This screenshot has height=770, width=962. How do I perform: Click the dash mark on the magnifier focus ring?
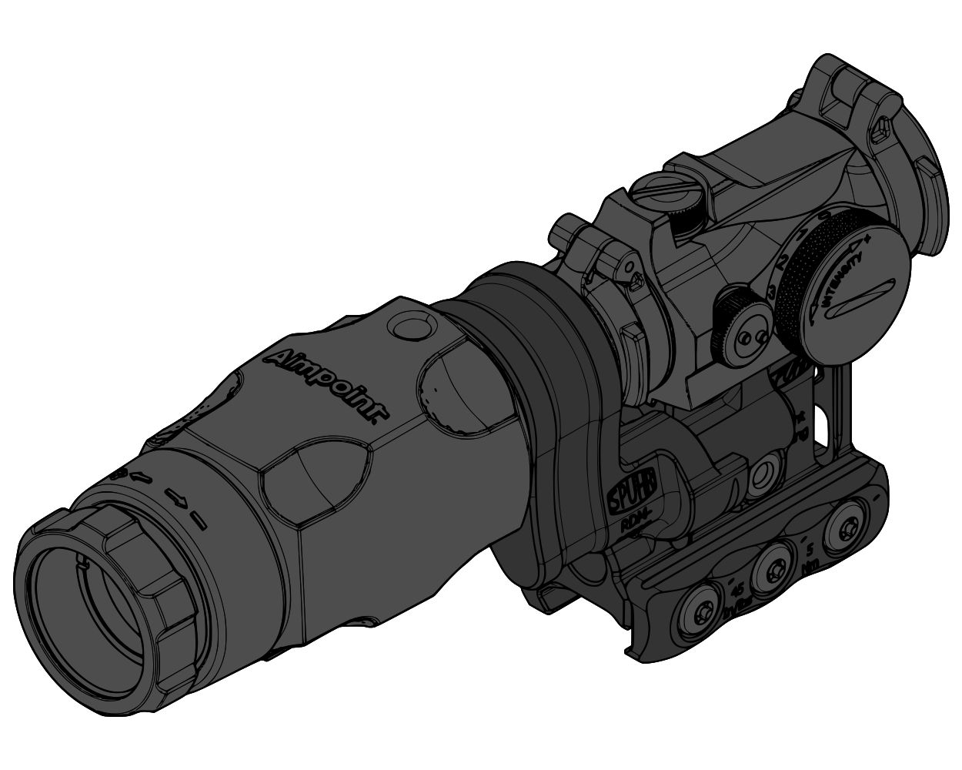pos(199,521)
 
